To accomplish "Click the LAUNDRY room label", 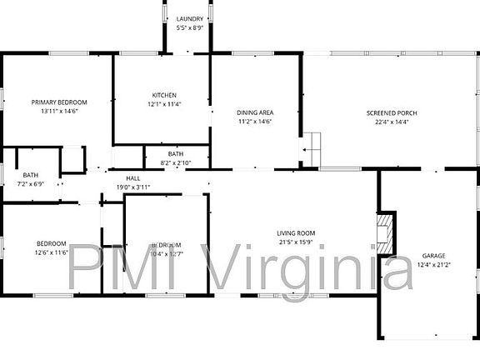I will tap(189, 18).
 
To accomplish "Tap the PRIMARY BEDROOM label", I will tap(59, 102).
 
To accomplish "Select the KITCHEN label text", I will tap(164, 94).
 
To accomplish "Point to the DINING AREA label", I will tap(256, 112).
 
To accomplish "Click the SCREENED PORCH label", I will tap(392, 112).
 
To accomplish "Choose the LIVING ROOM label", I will tap(296, 233).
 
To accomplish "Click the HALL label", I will tap(133, 178).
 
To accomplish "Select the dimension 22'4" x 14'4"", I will tap(392, 122).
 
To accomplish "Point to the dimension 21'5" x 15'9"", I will tap(296, 242).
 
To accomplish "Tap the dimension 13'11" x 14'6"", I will tap(59, 112).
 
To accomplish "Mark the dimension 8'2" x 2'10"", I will tap(175, 163).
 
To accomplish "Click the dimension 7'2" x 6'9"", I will tap(30, 183).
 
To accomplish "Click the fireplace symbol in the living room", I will tap(383, 233).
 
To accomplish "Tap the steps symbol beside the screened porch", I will tap(310, 147).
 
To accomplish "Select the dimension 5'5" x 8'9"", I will tap(189, 27).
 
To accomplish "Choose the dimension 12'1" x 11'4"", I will tap(164, 104).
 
